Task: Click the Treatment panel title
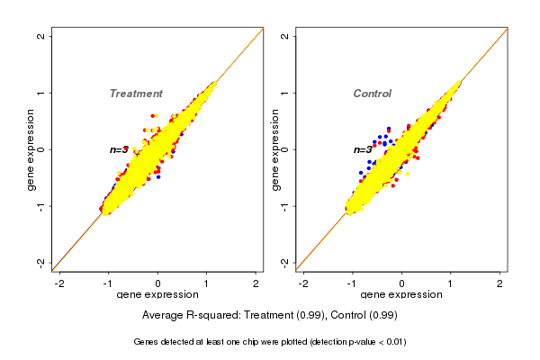pyautogui.click(x=136, y=94)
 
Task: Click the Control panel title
pyautogui.click(x=372, y=94)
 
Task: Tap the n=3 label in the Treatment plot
pyautogui.click(x=120, y=149)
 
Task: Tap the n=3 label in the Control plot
pyautogui.click(x=363, y=149)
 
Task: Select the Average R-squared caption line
pyautogui.click(x=270, y=316)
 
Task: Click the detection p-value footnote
pyautogui.click(x=270, y=342)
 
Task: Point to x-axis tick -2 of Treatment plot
pyautogui.click(x=60, y=283)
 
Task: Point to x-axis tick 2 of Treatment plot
pyautogui.click(x=256, y=283)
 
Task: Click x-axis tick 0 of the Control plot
pyautogui.click(x=401, y=283)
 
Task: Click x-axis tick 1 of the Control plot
pyautogui.click(x=451, y=283)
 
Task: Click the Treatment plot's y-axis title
pyautogui.click(x=31, y=149)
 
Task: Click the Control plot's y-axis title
pyautogui.click(x=274, y=149)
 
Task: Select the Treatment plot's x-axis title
pyautogui.click(x=158, y=295)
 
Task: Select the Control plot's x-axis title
pyautogui.click(x=401, y=295)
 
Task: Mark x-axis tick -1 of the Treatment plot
pyautogui.click(x=109, y=283)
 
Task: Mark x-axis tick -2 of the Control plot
pyautogui.click(x=303, y=283)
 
